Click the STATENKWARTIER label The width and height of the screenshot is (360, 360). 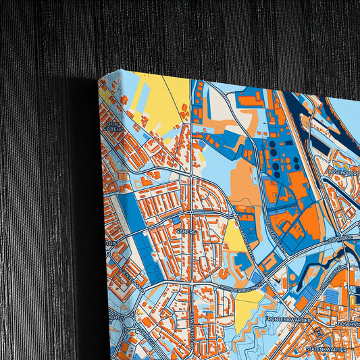click(326, 350)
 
